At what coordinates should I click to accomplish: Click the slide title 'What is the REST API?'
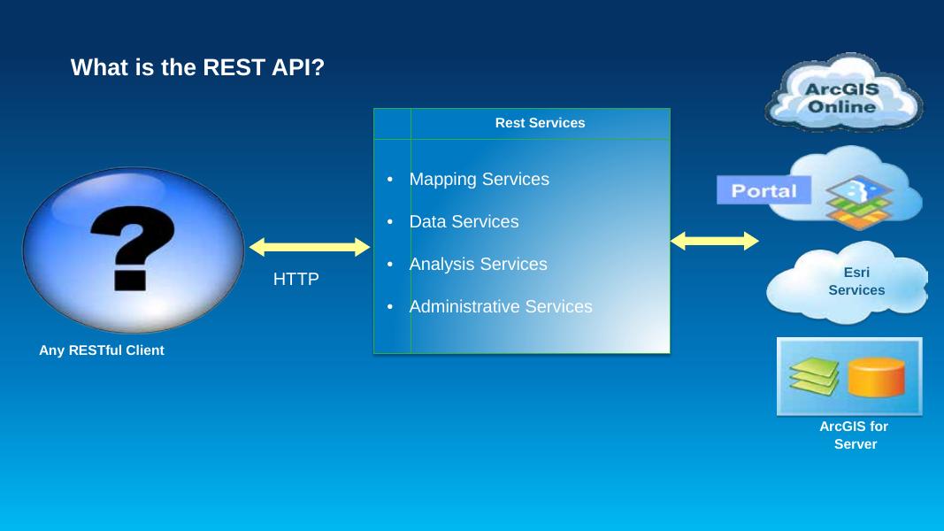tap(197, 67)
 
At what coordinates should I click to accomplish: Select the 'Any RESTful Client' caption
tap(102, 350)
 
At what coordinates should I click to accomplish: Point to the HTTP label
tap(295, 280)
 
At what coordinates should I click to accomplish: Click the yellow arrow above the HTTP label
tap(309, 247)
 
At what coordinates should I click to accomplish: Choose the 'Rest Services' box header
tap(540, 123)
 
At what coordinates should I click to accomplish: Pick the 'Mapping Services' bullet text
tap(479, 180)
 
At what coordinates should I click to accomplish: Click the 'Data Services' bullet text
tap(464, 222)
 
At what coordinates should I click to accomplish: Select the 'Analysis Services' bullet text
tap(478, 265)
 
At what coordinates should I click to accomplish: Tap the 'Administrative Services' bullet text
tap(501, 307)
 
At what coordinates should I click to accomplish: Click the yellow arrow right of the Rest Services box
tap(714, 241)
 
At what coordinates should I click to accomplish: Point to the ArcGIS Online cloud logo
tap(842, 93)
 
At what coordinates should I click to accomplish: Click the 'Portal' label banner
tap(763, 190)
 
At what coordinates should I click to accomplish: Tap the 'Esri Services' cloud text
tap(856, 281)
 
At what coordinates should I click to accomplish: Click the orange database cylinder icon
tap(876, 377)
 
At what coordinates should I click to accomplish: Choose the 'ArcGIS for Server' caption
tap(854, 435)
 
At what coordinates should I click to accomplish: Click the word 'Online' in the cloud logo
tap(842, 107)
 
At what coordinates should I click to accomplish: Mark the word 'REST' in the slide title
tap(230, 67)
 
